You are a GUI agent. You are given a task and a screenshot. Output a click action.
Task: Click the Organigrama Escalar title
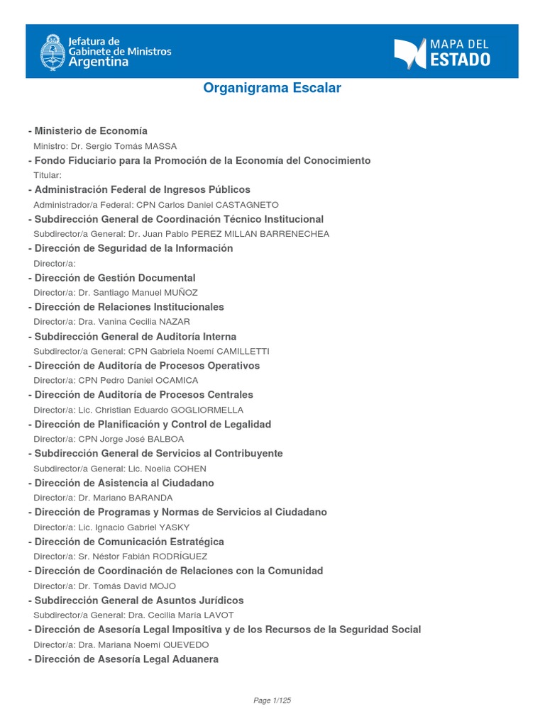[x=272, y=88]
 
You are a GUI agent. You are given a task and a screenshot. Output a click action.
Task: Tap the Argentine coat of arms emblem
[x=51, y=51]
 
